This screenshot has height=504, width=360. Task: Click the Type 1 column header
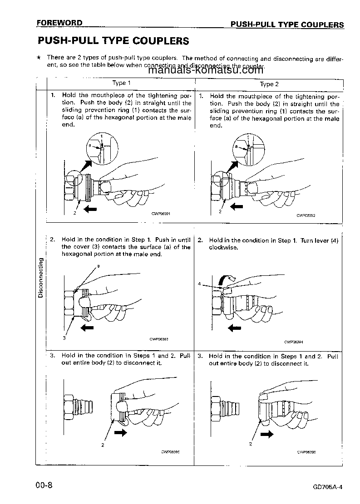tap(122, 83)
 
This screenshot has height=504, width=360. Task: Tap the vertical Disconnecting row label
tap(40, 278)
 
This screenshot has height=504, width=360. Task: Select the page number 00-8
tap(44, 485)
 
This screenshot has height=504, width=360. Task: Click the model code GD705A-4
tap(327, 487)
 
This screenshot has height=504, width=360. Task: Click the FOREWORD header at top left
tap(60, 23)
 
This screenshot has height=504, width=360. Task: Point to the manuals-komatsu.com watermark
tap(205, 70)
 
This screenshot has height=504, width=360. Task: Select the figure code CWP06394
tap(293, 342)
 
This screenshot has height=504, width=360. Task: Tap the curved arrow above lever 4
tap(227, 278)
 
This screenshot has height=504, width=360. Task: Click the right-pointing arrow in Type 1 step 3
tap(121, 433)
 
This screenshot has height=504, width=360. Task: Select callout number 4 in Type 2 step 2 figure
tap(199, 284)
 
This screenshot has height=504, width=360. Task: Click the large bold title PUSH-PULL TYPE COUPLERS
tap(113, 41)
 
